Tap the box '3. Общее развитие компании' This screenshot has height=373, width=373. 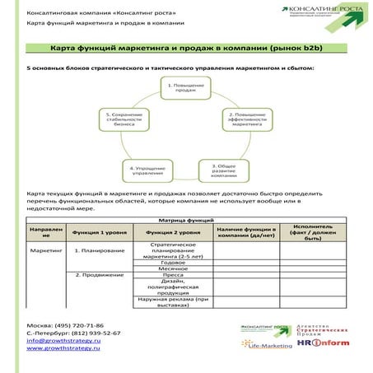click(224, 170)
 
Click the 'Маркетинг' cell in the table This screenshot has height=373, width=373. click(46, 249)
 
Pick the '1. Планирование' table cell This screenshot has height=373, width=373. click(100, 249)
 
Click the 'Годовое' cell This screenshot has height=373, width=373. click(174, 262)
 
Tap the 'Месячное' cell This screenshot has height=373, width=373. click(174, 268)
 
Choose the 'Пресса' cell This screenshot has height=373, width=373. click(174, 275)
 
